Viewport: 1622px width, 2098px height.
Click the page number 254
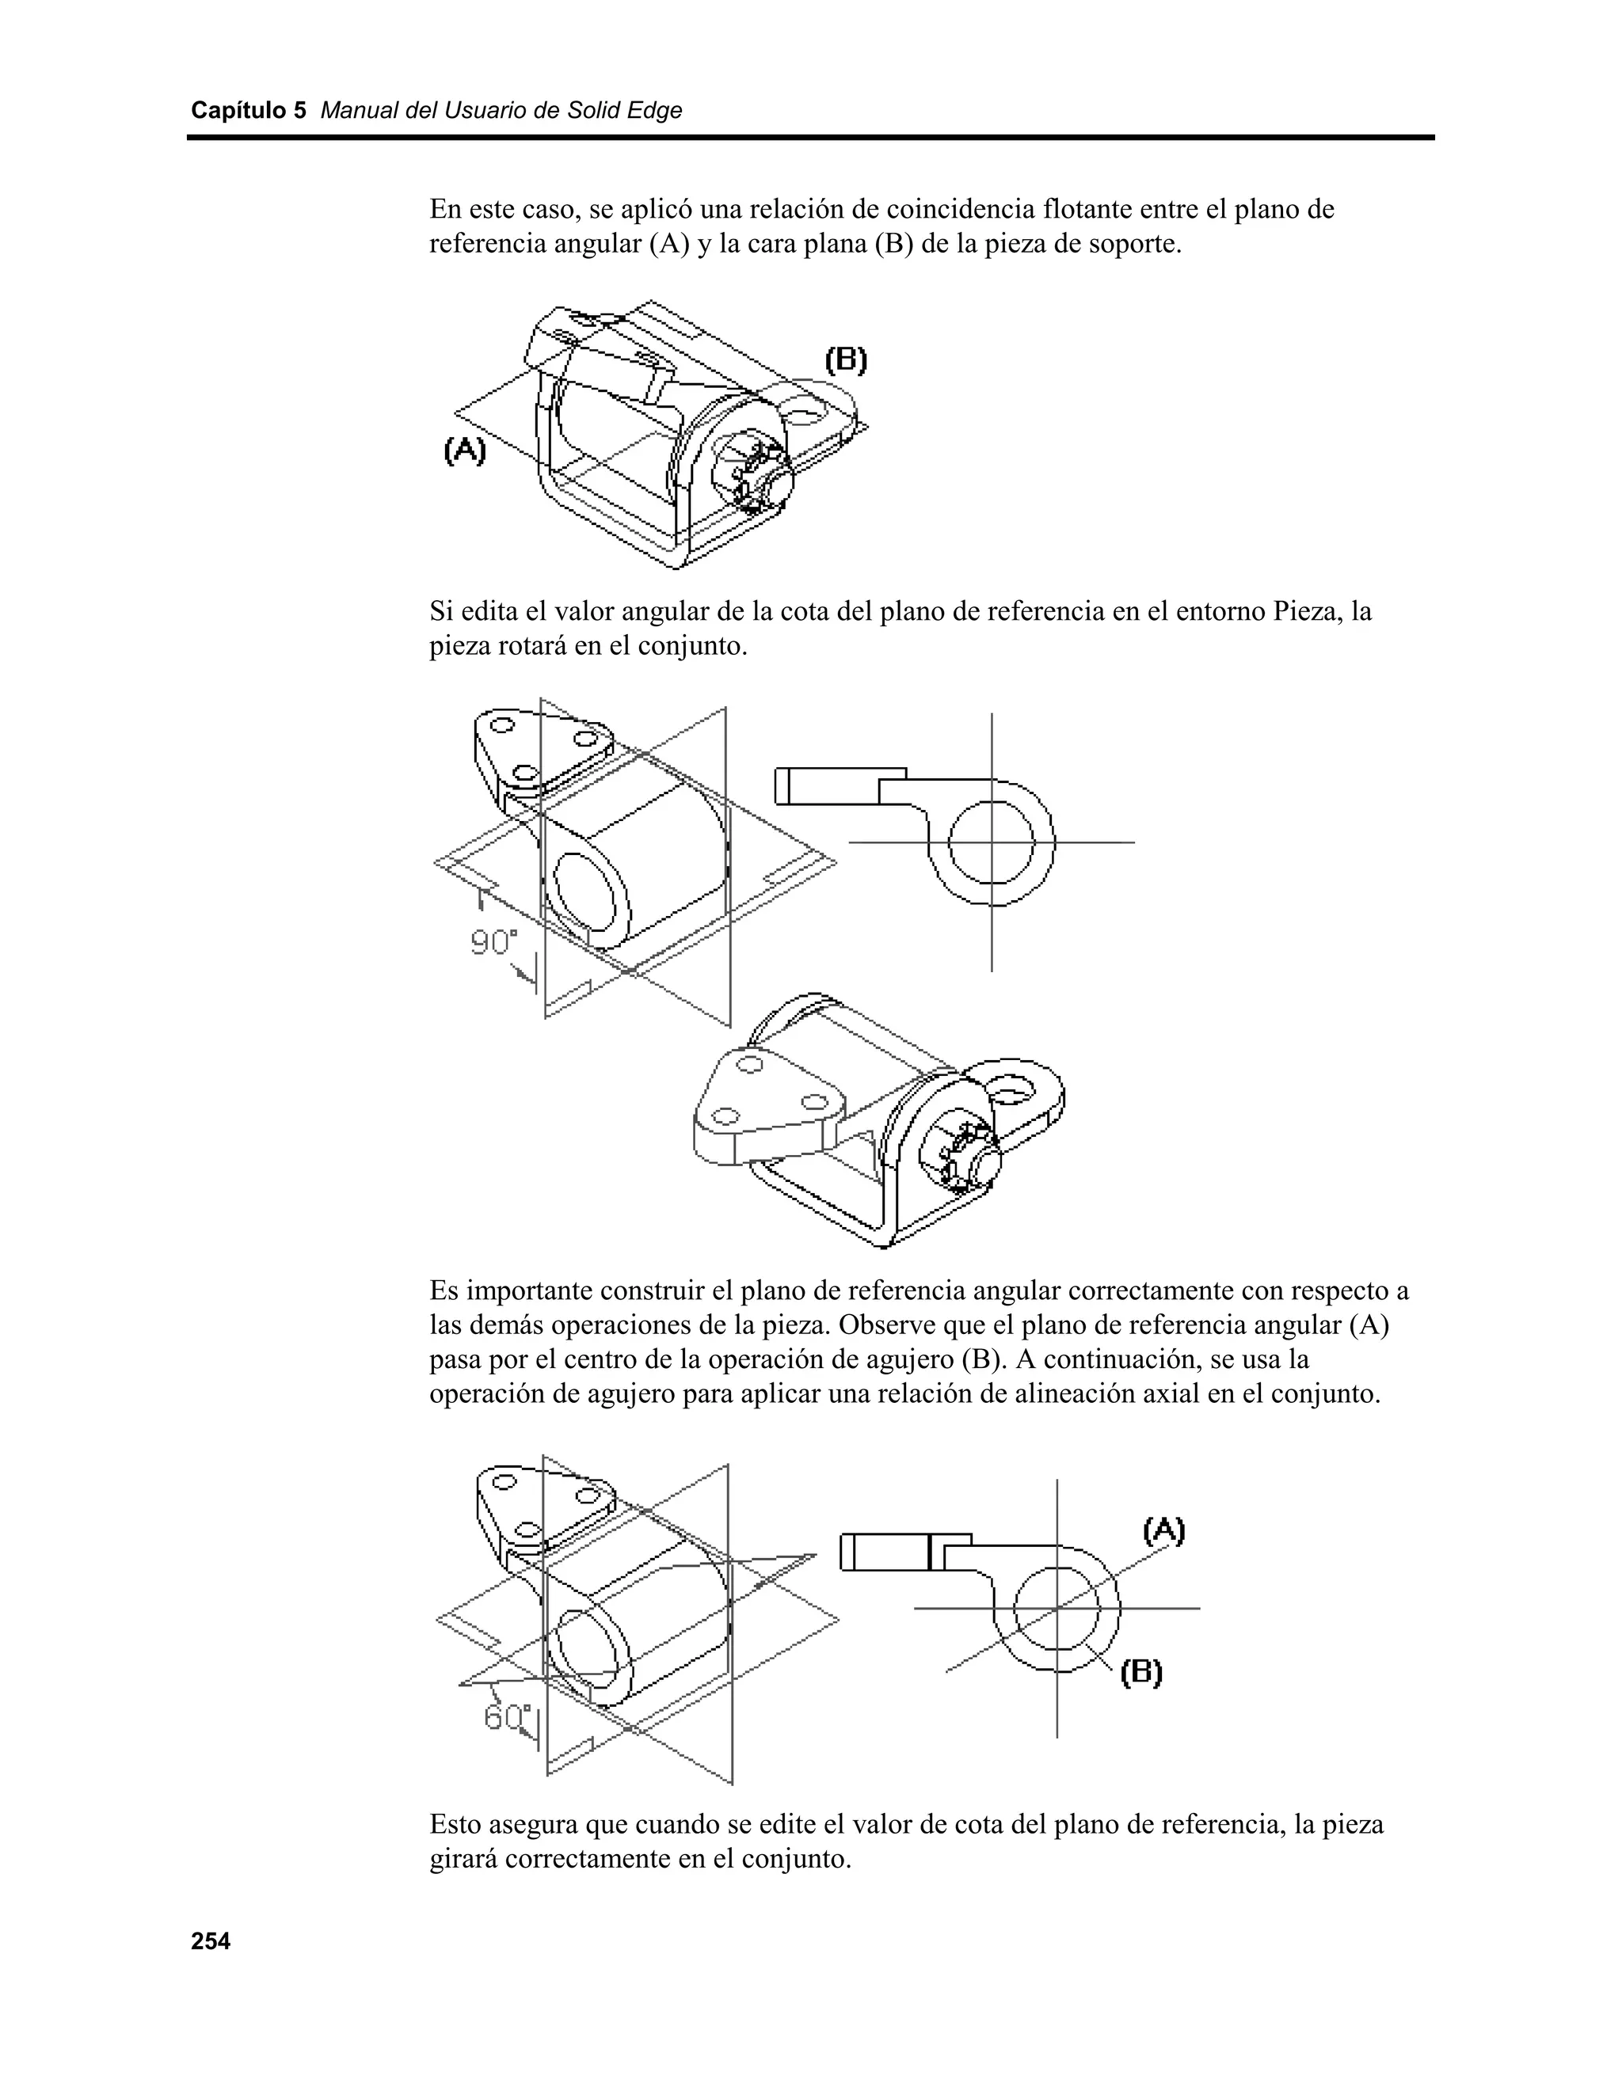(x=211, y=1941)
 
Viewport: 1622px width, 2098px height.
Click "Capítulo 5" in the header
(x=248, y=111)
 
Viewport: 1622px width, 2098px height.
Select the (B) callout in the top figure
(x=847, y=360)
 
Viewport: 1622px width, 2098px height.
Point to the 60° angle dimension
(x=506, y=1716)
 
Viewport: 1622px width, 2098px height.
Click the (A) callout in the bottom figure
(x=1163, y=1530)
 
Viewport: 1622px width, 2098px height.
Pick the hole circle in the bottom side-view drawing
(x=1057, y=1608)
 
